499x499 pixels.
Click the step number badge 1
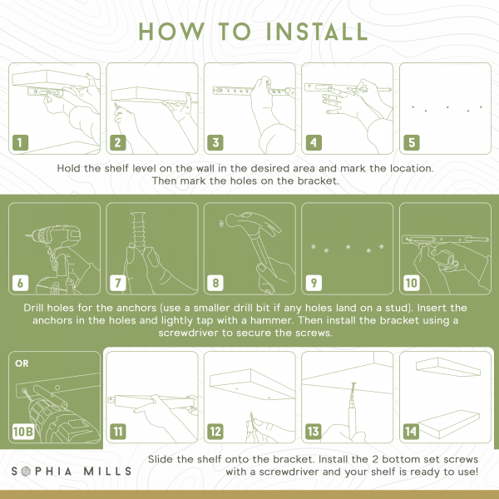pyautogui.click(x=20, y=142)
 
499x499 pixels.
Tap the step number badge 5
pyautogui.click(x=412, y=142)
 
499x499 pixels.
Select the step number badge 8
pyautogui.click(x=215, y=283)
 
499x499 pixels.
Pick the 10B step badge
pyautogui.click(x=23, y=432)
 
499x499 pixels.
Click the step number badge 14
pyautogui.click(x=411, y=432)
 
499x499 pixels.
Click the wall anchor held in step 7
pyautogui.click(x=139, y=230)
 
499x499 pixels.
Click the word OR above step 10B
pyautogui.click(x=22, y=363)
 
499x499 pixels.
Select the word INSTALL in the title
pyautogui.click(x=317, y=32)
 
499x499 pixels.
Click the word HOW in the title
pyautogui.click(x=171, y=32)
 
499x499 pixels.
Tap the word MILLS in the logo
pyautogui.click(x=107, y=471)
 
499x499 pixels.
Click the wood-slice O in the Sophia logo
pyautogui.click(x=26, y=472)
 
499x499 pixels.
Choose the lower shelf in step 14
pyautogui.click(x=449, y=424)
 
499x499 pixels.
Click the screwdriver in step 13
pyautogui.click(x=353, y=411)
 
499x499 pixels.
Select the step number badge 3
pyautogui.click(x=215, y=142)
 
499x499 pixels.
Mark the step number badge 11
pyautogui.click(x=118, y=432)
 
